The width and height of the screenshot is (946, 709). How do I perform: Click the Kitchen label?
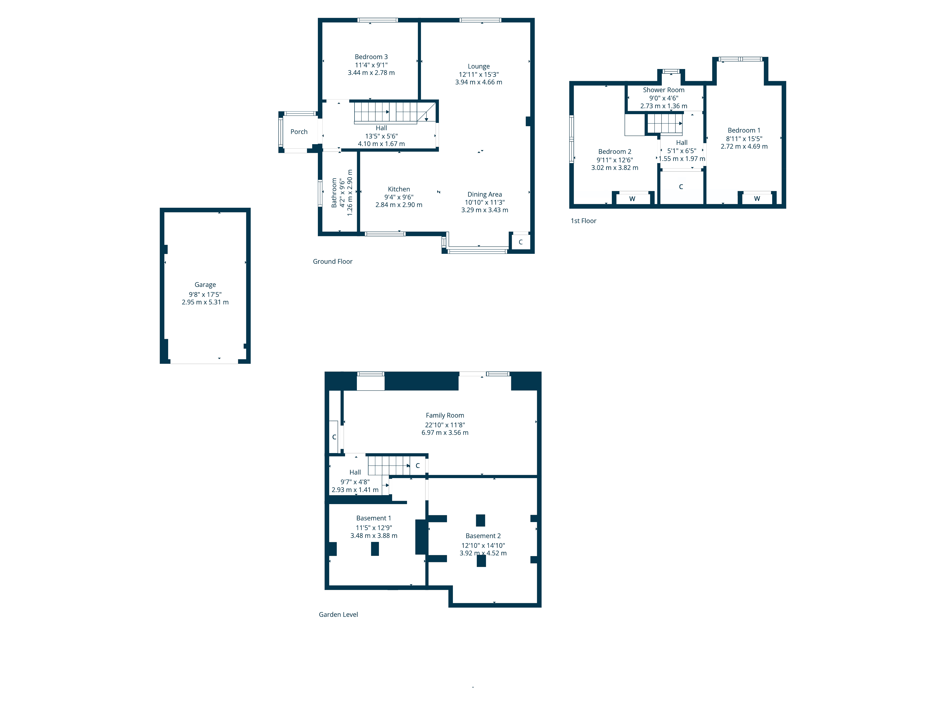point(399,189)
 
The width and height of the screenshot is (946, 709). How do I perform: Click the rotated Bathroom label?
point(334,193)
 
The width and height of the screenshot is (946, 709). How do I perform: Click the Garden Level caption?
point(338,614)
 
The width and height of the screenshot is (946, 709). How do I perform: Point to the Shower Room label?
point(663,90)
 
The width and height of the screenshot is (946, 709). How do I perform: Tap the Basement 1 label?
point(373,518)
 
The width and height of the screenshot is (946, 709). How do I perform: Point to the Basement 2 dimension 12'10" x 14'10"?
point(483,545)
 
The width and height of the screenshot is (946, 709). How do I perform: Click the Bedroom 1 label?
point(744,130)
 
